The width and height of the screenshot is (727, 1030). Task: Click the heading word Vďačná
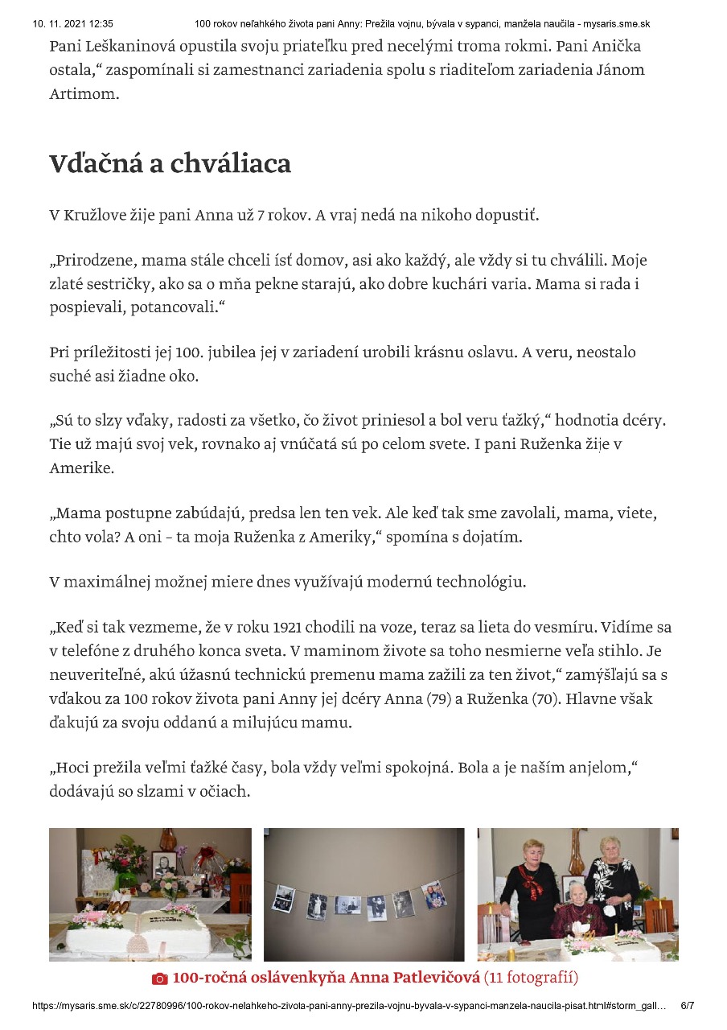click(x=93, y=164)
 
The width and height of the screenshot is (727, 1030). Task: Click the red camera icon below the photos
click(x=159, y=979)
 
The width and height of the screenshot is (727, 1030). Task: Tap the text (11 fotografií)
click(x=532, y=978)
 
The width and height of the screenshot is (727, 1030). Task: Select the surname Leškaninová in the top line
click(x=132, y=46)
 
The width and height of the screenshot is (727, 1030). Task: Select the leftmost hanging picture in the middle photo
click(x=282, y=897)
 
